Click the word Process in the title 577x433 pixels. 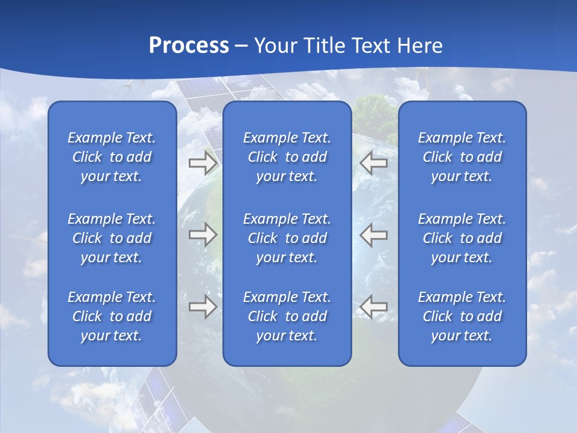point(189,46)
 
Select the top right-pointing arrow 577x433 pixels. point(203,162)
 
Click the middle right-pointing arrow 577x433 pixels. point(203,235)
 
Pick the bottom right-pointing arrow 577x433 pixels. point(203,307)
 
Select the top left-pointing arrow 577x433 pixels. point(374,162)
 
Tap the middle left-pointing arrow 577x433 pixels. point(374,235)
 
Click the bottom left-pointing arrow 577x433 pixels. point(374,307)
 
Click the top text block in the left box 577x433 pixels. point(112,157)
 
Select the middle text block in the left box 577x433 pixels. point(112,238)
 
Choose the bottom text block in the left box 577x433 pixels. point(112,316)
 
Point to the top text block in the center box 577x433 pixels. point(287,157)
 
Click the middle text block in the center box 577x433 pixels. point(287,238)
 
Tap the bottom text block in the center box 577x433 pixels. point(287,316)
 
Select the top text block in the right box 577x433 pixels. point(462,157)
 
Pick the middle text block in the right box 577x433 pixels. point(462,238)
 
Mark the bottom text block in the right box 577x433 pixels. point(462,316)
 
